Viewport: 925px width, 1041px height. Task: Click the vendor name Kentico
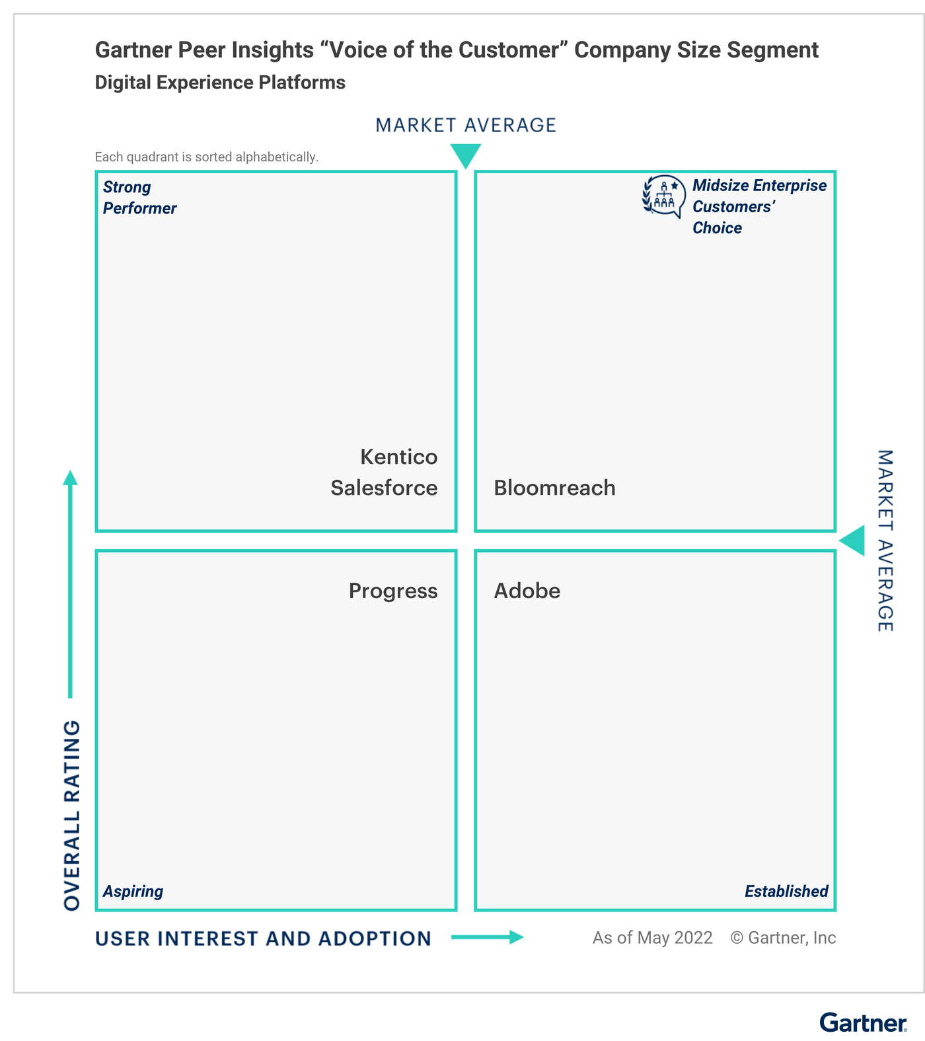coord(399,457)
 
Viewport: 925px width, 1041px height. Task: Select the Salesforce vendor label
coord(384,488)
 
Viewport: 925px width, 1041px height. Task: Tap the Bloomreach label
coord(555,488)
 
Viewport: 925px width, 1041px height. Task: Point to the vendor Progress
coord(393,591)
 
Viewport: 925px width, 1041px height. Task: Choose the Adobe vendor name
coord(527,591)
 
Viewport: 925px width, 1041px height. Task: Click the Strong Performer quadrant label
coord(139,198)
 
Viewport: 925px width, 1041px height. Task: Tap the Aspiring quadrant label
coord(133,892)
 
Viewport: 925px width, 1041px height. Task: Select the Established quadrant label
coord(786,892)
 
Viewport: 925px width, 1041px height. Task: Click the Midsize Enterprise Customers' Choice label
coord(759,207)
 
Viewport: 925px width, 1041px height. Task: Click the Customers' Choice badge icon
coord(664,196)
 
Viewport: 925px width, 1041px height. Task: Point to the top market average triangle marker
coord(466,156)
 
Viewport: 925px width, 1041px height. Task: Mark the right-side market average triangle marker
coord(852,541)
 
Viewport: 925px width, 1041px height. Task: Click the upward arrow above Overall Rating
coord(70,584)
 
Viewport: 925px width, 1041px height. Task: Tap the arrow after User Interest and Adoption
coord(488,937)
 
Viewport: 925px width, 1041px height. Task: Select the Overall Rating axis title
coord(72,816)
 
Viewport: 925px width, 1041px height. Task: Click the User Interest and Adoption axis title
coord(263,939)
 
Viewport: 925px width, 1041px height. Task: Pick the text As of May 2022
coord(653,938)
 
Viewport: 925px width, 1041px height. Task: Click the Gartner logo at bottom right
coord(864,1022)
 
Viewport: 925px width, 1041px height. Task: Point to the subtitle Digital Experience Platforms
coord(220,83)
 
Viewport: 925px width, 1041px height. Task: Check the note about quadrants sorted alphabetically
coord(207,157)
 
